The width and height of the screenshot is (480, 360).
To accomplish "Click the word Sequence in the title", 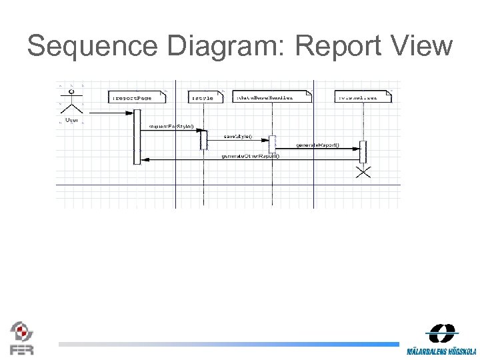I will click(92, 47).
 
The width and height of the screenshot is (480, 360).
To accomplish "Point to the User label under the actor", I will click(71, 121).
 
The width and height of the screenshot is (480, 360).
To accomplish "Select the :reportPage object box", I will click(133, 98).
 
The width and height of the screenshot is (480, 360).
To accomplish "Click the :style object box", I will click(203, 98).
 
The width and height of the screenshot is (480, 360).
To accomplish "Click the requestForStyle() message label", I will click(171, 126).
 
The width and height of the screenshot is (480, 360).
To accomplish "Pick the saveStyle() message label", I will click(238, 136).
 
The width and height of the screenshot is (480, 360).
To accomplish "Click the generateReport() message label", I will click(317, 145).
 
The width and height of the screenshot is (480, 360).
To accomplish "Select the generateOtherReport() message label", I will click(250, 155).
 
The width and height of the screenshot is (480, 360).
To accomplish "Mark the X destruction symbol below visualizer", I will click(363, 173).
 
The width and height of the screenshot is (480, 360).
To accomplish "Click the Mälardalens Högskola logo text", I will click(442, 351).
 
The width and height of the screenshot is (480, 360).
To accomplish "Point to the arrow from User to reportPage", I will click(110, 113).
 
